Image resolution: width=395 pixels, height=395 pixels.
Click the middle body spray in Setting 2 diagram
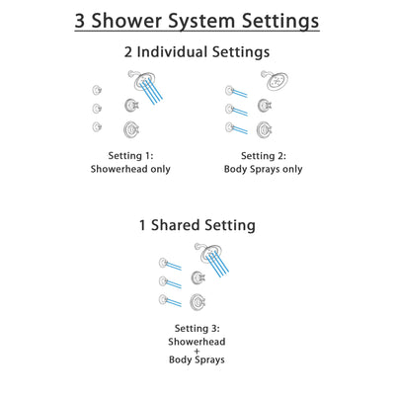click(229, 108)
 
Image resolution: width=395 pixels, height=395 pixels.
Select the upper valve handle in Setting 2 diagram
click(265, 105)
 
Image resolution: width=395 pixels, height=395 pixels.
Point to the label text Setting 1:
click(129, 155)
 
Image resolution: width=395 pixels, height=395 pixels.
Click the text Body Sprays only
click(265, 169)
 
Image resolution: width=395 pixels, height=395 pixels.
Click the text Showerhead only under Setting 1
click(129, 169)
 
